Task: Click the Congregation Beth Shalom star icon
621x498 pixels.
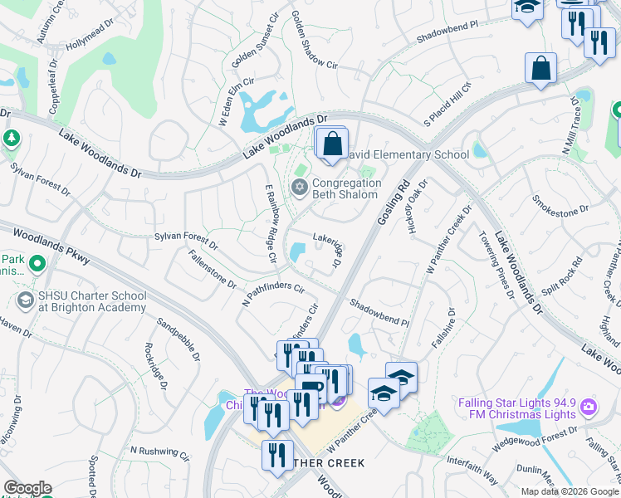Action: tap(299, 186)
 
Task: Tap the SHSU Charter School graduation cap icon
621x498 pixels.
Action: tap(27, 300)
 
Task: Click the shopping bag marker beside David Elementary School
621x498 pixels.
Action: tap(332, 144)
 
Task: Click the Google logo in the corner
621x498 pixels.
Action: tap(27, 488)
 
